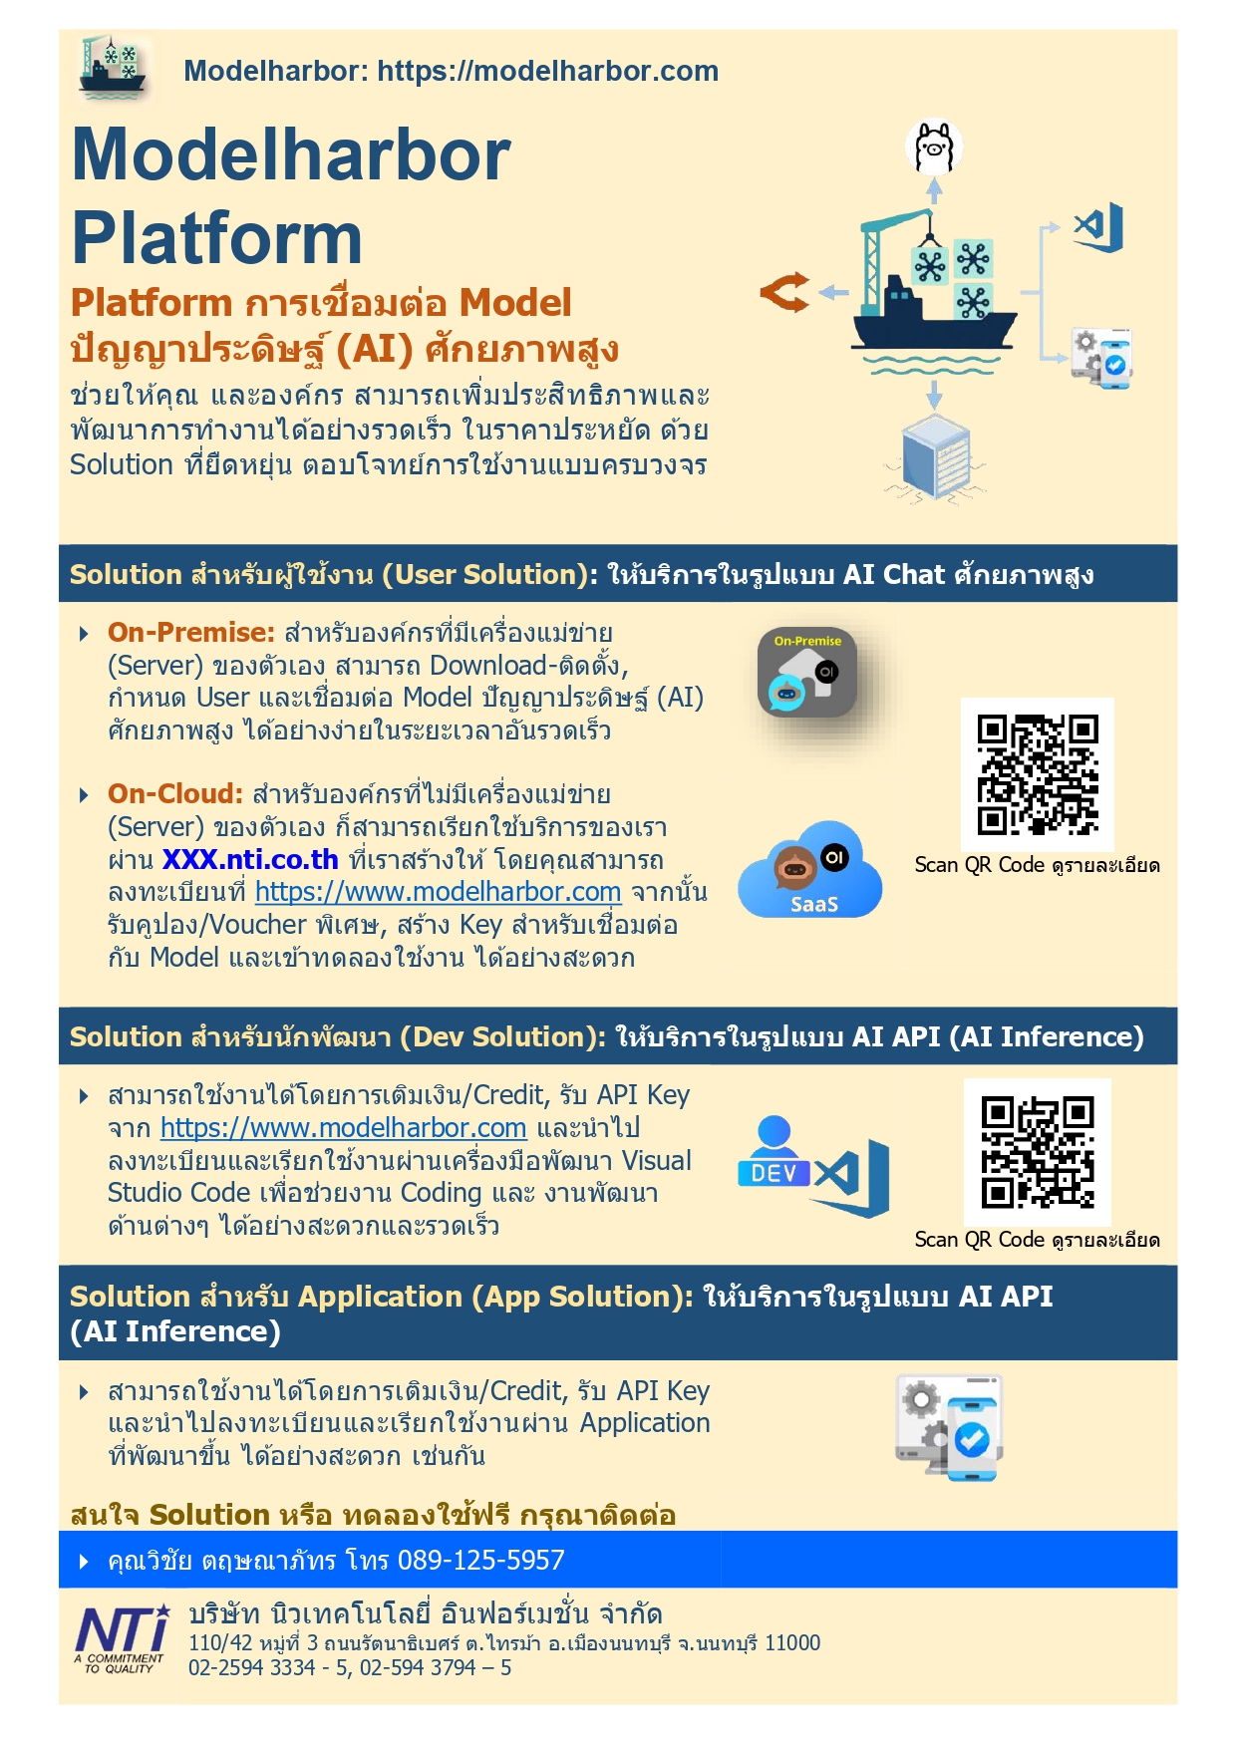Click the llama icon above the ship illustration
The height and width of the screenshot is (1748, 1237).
click(x=934, y=147)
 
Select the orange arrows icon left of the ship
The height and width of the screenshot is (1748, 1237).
click(x=784, y=293)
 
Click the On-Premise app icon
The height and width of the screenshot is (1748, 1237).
click(x=806, y=673)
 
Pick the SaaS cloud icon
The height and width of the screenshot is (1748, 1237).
click(x=810, y=871)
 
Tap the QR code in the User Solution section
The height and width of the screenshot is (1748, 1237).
click(x=1038, y=774)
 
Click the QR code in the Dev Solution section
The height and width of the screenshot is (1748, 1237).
click(x=1038, y=1152)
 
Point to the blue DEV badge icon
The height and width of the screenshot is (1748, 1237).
click(x=773, y=1155)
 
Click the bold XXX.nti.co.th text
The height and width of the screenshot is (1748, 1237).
click(x=250, y=860)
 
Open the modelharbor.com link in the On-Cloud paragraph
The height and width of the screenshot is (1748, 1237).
click(x=438, y=892)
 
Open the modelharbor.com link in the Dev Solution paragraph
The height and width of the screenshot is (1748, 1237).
click(x=343, y=1128)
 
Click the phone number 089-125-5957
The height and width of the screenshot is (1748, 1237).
click(x=481, y=1560)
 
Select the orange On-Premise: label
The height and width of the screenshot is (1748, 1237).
click(x=190, y=633)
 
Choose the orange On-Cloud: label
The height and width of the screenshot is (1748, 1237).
click(x=175, y=794)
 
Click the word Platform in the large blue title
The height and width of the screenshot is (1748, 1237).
click(x=216, y=238)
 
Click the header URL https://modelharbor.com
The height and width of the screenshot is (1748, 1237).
click(x=547, y=71)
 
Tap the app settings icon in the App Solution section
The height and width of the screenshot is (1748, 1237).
click(x=949, y=1427)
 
